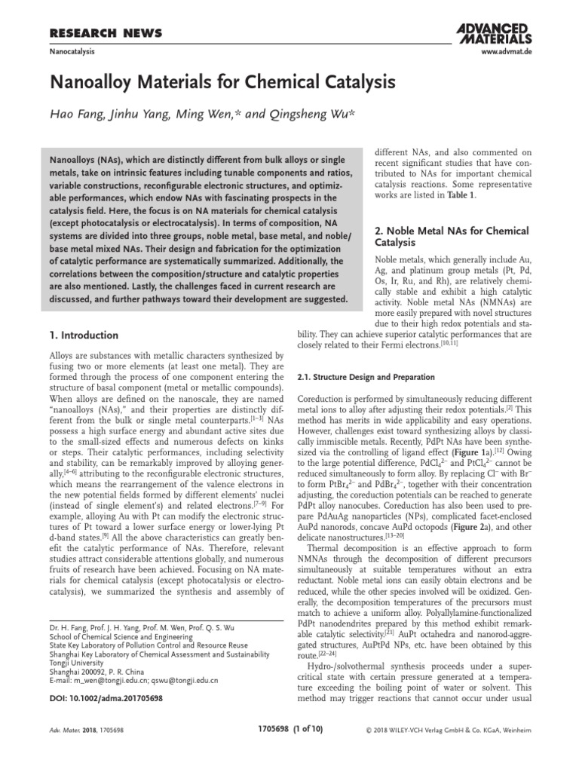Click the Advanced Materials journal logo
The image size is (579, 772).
click(x=494, y=32)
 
